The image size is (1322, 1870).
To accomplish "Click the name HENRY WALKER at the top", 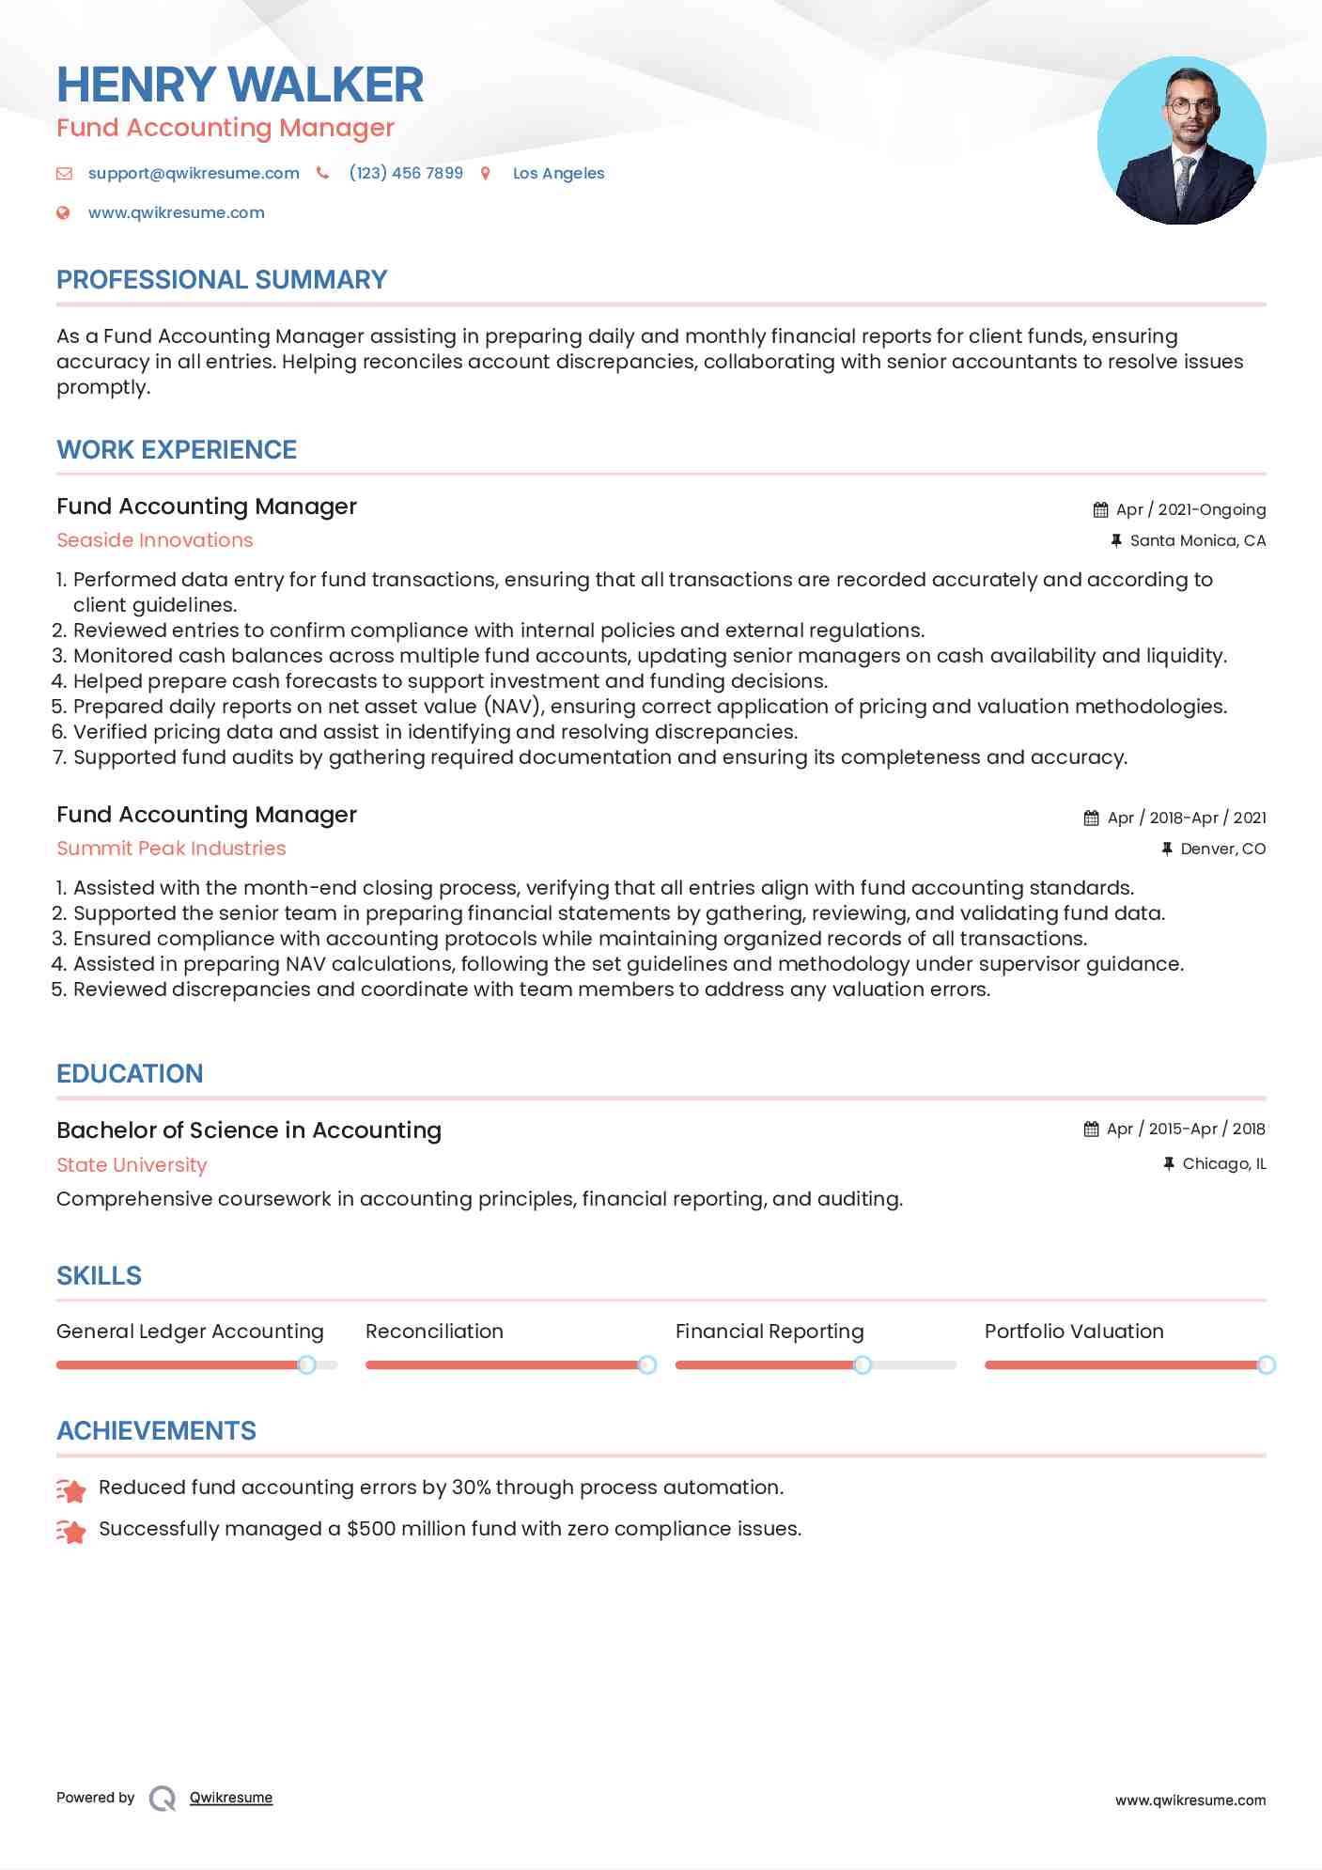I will pos(240,85).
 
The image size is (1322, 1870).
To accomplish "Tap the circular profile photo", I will pos(1181,141).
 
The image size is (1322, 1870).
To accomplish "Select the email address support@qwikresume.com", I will pos(194,173).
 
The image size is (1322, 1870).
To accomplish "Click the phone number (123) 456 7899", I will pos(406,173).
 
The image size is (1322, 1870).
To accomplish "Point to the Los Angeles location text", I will pos(558,173).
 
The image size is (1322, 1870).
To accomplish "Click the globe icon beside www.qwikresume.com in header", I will pos(63,213).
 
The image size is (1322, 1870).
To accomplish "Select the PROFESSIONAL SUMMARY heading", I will pos(222,280).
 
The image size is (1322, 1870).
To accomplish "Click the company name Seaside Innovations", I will pos(155,540).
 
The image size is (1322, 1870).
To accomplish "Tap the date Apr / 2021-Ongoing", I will pos(1190,509).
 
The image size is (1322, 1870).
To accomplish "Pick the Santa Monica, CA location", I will pos(1197,540).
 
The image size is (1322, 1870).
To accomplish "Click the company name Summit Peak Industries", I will pos(171,849).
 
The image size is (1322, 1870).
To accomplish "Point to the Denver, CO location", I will pos(1222,849).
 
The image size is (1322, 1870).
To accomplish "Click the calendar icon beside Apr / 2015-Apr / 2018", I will pos(1091,1129).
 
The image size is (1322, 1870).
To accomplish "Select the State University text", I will pos(132,1165).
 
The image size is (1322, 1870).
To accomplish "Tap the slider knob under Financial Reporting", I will pos(863,1364).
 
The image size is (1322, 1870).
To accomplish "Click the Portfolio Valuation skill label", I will pos(1074,1332).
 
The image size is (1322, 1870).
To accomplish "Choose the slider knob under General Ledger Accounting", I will pos(306,1364).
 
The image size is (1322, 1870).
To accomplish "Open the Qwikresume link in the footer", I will pos(231,1798).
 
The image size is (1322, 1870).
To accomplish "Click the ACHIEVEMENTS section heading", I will pos(156,1431).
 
